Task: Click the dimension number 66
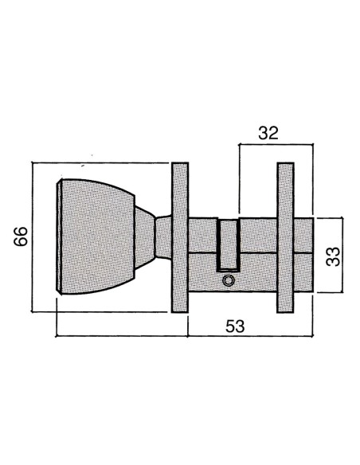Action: click(x=21, y=236)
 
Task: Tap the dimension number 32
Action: click(x=268, y=133)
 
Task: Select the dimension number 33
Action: click(x=333, y=256)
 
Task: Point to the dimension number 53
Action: click(x=235, y=326)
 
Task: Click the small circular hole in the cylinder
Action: click(x=229, y=280)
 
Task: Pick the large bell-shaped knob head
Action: click(x=96, y=236)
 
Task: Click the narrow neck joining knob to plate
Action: click(x=164, y=237)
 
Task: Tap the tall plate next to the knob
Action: click(x=180, y=237)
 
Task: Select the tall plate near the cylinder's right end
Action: click(x=285, y=237)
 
